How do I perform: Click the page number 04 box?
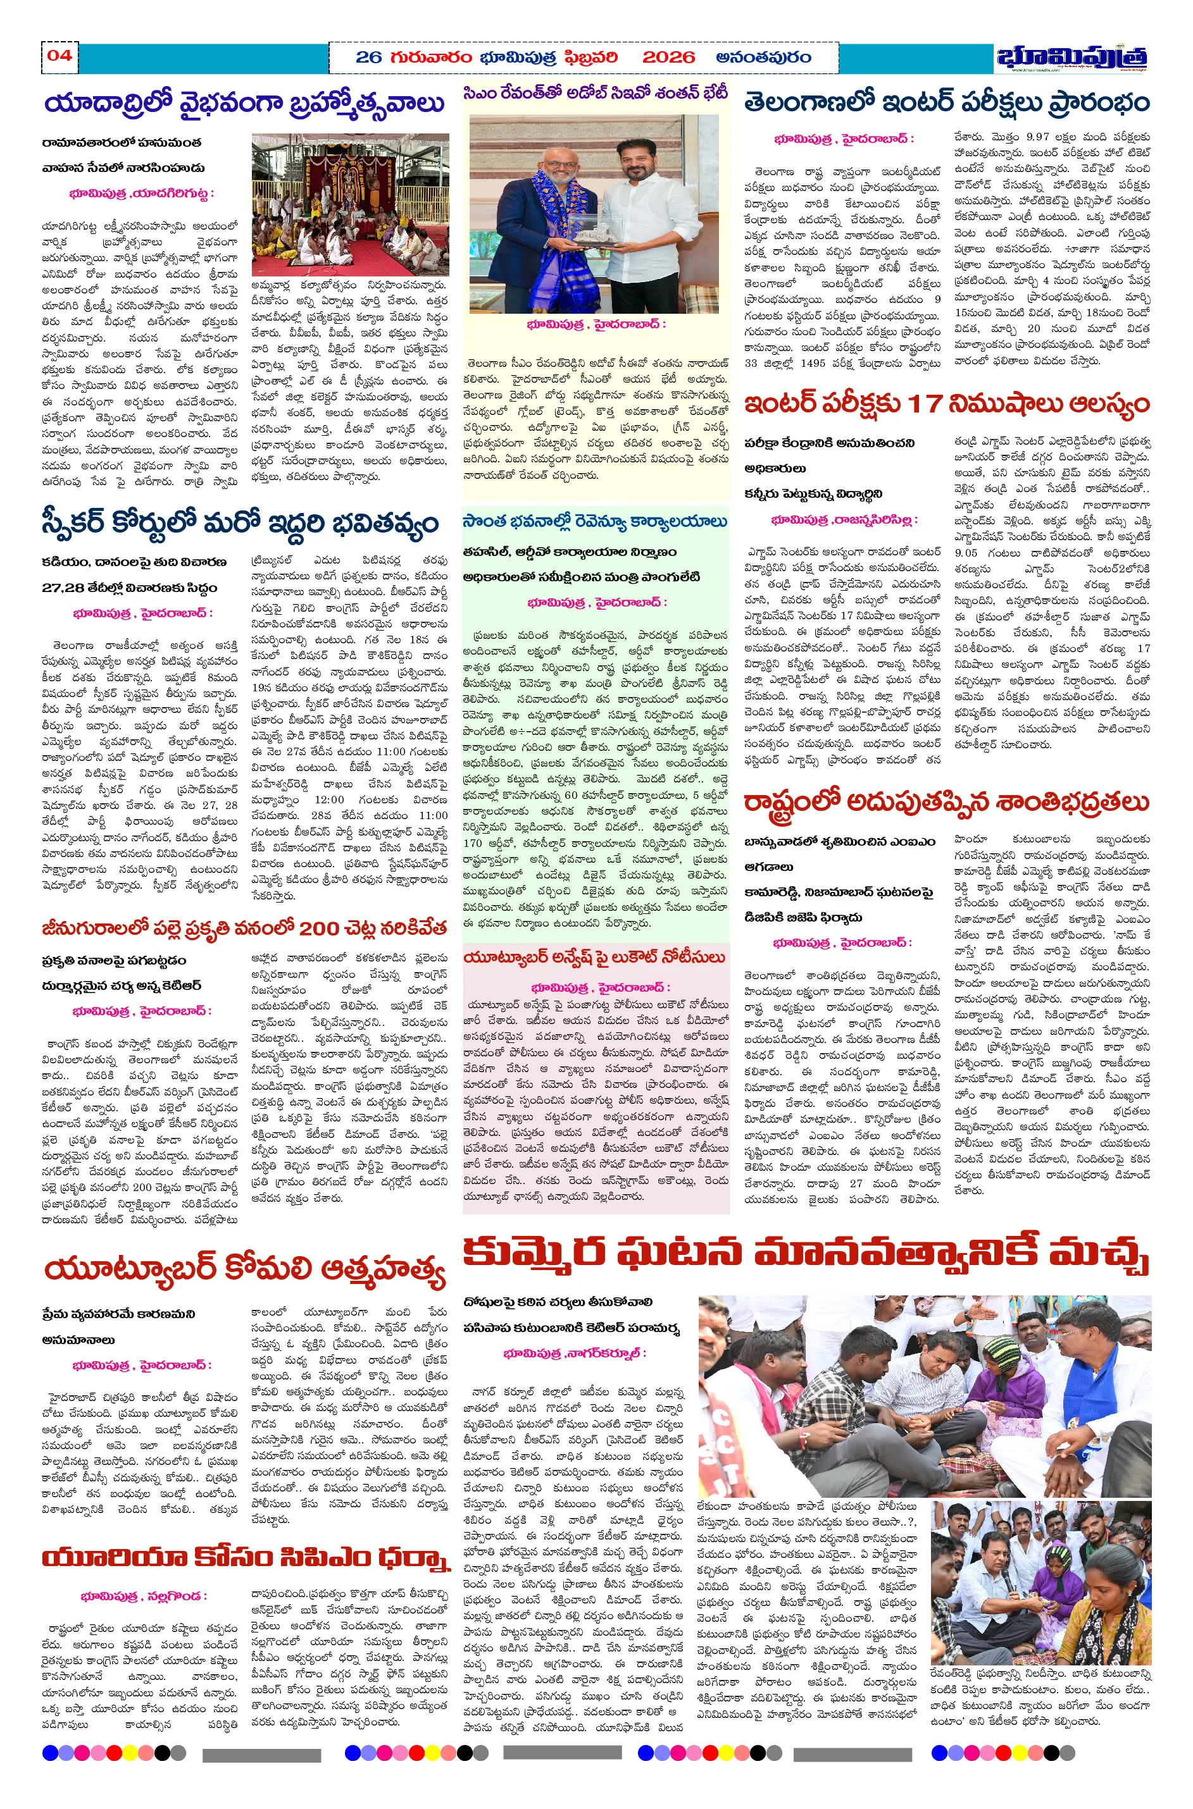[x=59, y=56]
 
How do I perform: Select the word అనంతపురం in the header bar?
[x=763, y=57]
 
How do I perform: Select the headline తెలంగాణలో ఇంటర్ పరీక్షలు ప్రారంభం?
[x=946, y=102]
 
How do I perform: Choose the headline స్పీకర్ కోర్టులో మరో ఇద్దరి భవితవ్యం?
[x=240, y=523]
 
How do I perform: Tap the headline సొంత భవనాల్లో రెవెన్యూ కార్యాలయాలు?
[x=595, y=522]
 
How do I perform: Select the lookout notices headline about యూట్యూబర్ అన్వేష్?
[x=594, y=958]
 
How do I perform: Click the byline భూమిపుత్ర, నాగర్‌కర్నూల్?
[x=575, y=1354]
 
